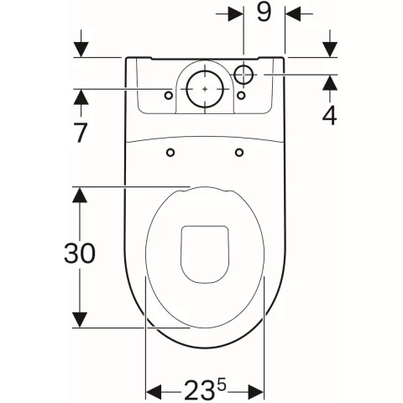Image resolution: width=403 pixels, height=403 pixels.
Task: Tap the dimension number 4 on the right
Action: click(x=329, y=115)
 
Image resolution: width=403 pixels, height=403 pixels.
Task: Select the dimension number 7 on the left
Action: click(x=81, y=133)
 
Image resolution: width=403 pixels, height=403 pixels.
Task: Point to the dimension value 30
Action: click(x=80, y=254)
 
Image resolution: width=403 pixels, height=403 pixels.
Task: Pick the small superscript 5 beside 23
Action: click(x=222, y=386)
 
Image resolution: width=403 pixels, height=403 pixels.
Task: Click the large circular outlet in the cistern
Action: click(x=205, y=89)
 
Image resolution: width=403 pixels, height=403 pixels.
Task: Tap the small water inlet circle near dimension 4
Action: click(x=243, y=75)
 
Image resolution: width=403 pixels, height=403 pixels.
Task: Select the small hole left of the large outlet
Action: click(x=169, y=96)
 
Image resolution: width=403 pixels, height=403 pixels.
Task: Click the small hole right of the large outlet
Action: click(x=241, y=96)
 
